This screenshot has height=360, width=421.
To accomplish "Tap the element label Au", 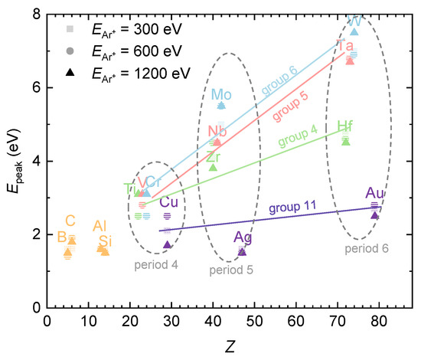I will click(x=376, y=193).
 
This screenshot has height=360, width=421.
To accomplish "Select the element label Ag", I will click(x=243, y=237).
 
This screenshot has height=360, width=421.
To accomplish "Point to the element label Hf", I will click(x=346, y=126).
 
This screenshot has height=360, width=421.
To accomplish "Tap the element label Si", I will click(x=105, y=242).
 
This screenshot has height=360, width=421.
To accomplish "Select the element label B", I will click(x=62, y=237).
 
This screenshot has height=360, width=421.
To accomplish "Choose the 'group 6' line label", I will click(x=279, y=81).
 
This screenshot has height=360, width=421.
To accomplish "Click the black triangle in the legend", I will click(x=70, y=72).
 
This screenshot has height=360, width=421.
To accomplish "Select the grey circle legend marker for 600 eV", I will click(x=70, y=51).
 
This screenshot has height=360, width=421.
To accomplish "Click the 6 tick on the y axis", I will click(x=35, y=88).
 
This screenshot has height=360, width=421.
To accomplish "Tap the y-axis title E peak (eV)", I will click(x=12, y=161).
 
